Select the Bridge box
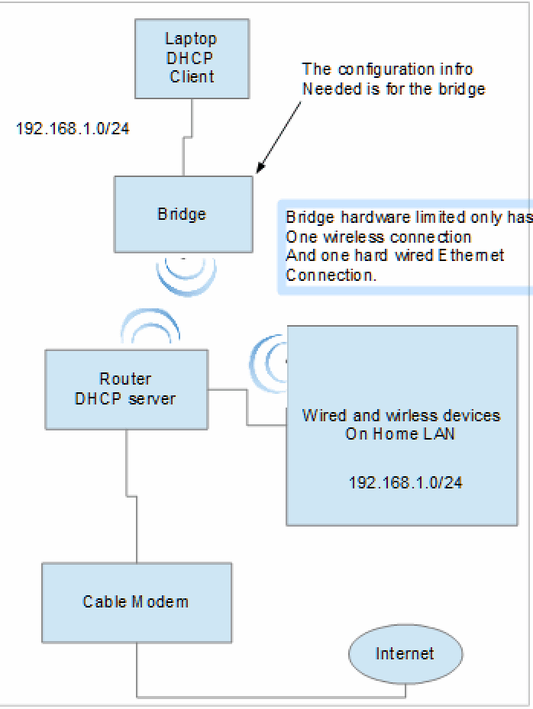click(183, 214)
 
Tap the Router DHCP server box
click(125, 388)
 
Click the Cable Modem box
click(136, 602)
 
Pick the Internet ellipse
click(405, 654)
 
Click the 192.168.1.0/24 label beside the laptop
click(73, 128)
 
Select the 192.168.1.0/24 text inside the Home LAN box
click(405, 482)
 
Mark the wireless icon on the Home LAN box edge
click(271, 357)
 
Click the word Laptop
click(191, 39)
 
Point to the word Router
click(125, 379)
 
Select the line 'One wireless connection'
click(378, 237)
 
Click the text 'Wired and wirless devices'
click(401, 416)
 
